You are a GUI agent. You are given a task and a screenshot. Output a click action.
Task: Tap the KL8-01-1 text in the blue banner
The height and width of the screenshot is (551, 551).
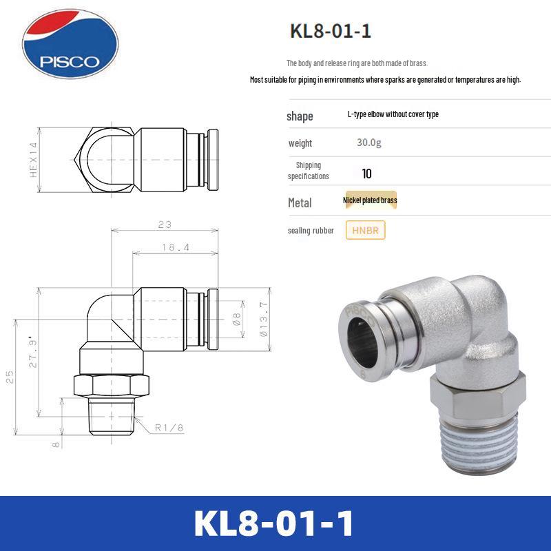pyautogui.click(x=275, y=523)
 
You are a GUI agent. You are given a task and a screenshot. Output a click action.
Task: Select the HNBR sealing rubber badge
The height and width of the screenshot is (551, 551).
pyautogui.click(x=365, y=231)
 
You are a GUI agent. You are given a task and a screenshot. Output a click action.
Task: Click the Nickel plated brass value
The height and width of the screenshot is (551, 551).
pyautogui.click(x=370, y=200)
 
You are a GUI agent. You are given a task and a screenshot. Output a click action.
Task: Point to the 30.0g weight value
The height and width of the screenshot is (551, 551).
pyautogui.click(x=368, y=143)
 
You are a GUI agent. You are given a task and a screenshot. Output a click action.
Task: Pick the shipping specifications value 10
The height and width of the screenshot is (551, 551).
pyautogui.click(x=366, y=174)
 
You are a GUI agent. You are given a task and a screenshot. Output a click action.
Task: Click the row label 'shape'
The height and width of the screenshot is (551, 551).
pyautogui.click(x=300, y=116)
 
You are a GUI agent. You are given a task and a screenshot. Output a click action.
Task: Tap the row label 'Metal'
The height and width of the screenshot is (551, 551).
pyautogui.click(x=299, y=202)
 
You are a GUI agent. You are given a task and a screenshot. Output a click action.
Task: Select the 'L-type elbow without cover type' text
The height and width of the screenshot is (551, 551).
pyautogui.click(x=393, y=114)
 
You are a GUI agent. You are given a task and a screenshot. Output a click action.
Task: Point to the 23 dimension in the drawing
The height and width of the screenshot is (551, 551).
pyautogui.click(x=164, y=225)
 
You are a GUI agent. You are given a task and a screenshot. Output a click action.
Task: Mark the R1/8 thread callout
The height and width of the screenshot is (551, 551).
pyautogui.click(x=169, y=428)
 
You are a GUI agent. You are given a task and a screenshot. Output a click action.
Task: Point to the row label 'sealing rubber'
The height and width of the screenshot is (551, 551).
pyautogui.click(x=311, y=231)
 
